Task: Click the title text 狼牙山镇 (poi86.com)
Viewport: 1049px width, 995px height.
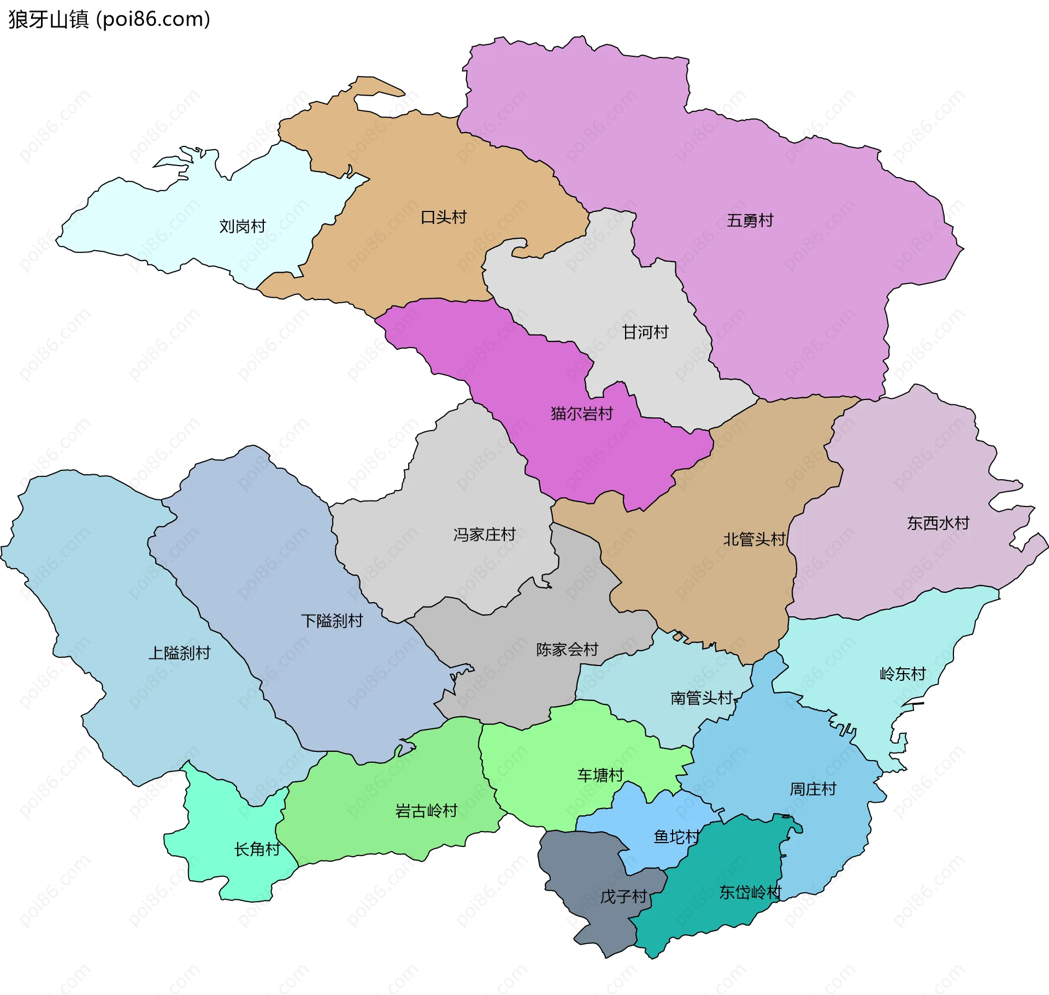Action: click(109, 20)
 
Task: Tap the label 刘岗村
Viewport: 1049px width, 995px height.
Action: click(242, 226)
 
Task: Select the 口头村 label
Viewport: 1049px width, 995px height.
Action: click(444, 217)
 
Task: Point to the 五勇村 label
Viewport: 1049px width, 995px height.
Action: click(750, 221)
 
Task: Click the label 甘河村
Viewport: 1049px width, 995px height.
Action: click(645, 332)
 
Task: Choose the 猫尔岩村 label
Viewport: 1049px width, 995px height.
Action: click(582, 414)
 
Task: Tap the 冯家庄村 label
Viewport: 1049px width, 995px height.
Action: click(485, 534)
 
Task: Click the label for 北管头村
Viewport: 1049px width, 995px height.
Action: click(755, 540)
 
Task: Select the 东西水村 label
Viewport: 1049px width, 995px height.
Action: click(938, 523)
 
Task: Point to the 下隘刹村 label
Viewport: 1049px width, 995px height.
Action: click(332, 621)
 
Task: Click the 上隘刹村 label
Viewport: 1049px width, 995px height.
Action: click(179, 653)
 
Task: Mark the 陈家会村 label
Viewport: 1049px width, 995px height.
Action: click(567, 650)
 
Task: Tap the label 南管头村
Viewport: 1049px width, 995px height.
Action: click(702, 698)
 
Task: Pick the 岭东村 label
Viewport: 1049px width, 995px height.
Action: click(903, 674)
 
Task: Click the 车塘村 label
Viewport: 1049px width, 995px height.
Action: click(600, 775)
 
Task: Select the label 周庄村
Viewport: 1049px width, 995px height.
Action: click(813, 789)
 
